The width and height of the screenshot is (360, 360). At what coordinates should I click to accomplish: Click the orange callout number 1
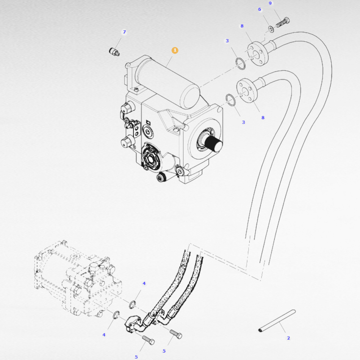[x=175, y=50]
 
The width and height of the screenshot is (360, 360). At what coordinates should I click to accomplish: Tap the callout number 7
[x=124, y=32]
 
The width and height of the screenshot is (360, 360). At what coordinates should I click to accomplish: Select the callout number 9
[x=270, y=3]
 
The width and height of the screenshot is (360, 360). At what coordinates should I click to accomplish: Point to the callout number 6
[x=260, y=9]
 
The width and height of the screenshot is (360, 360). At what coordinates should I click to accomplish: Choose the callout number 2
[x=288, y=338]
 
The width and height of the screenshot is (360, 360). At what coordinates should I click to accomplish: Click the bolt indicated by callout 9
[x=283, y=22]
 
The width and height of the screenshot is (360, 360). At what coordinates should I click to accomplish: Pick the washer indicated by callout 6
[x=271, y=29]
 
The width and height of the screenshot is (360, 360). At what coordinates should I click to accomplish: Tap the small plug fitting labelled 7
[x=114, y=52]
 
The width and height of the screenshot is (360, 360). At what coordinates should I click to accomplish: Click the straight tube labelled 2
[x=277, y=321]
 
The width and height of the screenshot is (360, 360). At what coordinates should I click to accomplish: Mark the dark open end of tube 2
[x=260, y=330]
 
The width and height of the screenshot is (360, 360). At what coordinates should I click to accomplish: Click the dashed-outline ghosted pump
[x=78, y=279]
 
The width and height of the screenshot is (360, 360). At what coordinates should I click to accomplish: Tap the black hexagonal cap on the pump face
[x=152, y=158]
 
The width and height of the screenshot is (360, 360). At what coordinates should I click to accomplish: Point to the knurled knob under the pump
[x=161, y=177]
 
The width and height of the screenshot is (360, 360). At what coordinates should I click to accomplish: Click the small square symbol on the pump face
[x=148, y=123]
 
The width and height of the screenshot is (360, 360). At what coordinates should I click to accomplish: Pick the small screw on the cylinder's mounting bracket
[x=136, y=89]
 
